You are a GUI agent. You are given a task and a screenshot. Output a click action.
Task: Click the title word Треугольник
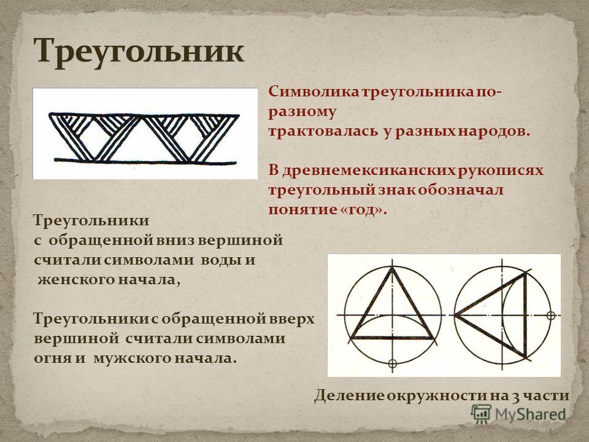(139, 52)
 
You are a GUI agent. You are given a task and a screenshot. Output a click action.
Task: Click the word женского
(73, 280)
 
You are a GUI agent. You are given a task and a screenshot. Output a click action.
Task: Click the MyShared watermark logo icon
(481, 414)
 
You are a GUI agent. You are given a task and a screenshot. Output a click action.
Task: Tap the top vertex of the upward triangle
(392, 268)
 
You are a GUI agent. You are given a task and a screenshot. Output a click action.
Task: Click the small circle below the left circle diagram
(392, 363)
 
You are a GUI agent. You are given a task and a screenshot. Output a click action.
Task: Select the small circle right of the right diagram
(551, 316)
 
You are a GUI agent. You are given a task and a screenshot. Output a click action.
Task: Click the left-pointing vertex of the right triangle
(456, 315)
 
